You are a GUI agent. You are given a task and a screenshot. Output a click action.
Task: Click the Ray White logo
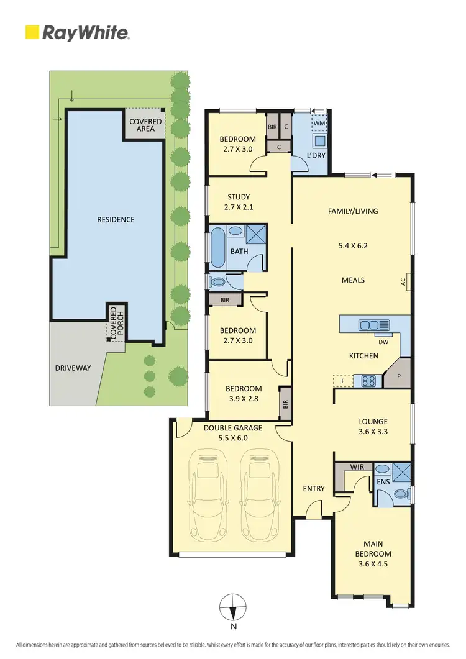click(x=76, y=32)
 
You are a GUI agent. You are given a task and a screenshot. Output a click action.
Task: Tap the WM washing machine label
click(x=319, y=123)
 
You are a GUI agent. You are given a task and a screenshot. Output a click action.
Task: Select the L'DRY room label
click(x=317, y=155)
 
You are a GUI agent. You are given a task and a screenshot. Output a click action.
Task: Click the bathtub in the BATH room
click(x=218, y=248)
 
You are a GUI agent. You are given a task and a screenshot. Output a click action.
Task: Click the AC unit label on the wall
click(x=403, y=281)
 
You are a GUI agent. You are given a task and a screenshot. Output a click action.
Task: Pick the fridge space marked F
click(x=343, y=380)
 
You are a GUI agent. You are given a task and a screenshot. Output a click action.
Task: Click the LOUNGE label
click(x=373, y=421)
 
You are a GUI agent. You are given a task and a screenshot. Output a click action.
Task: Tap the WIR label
click(x=357, y=466)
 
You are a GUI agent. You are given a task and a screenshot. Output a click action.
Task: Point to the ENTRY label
click(x=314, y=488)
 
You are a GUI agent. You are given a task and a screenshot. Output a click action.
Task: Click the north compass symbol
click(x=232, y=605)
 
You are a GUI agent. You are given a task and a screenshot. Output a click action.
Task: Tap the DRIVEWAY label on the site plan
click(x=73, y=368)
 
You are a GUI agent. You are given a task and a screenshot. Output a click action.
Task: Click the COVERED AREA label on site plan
click(x=145, y=125)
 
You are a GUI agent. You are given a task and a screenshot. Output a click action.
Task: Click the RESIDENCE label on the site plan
click(x=116, y=220)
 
